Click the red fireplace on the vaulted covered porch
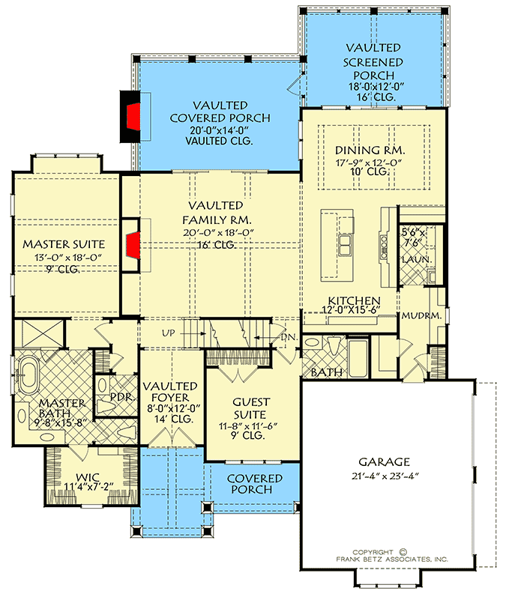134,115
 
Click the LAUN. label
413,258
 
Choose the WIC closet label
88,476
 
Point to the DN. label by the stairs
289,339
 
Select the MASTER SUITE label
63,244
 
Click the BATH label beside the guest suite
328,372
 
